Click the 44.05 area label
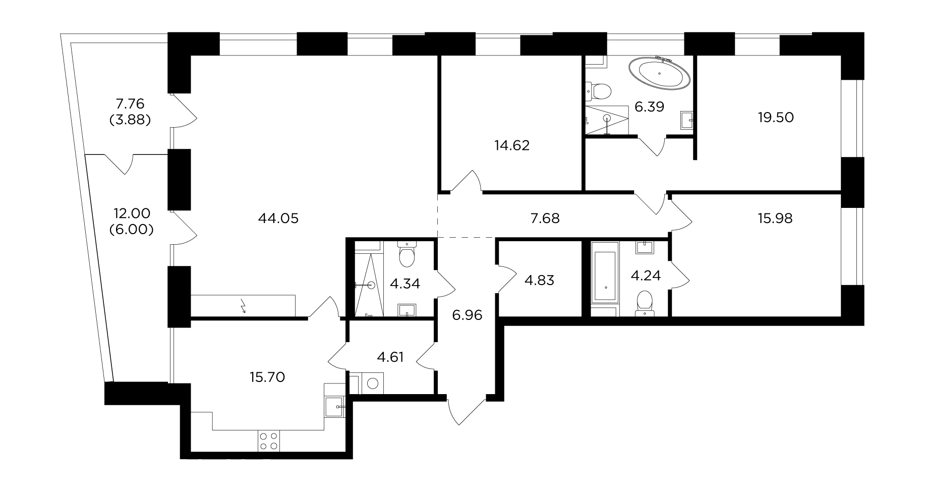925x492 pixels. click(278, 218)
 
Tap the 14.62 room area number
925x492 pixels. click(512, 146)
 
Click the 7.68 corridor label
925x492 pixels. click(545, 218)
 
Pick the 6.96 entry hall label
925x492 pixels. click(468, 315)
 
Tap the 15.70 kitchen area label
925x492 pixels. click(267, 377)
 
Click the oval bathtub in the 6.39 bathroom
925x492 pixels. click(659, 74)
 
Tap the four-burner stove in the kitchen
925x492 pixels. click(268, 441)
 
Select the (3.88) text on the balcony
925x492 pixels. click(130, 121)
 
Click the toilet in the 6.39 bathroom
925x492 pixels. click(599, 92)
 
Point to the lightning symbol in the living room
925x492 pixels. click(244, 306)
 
